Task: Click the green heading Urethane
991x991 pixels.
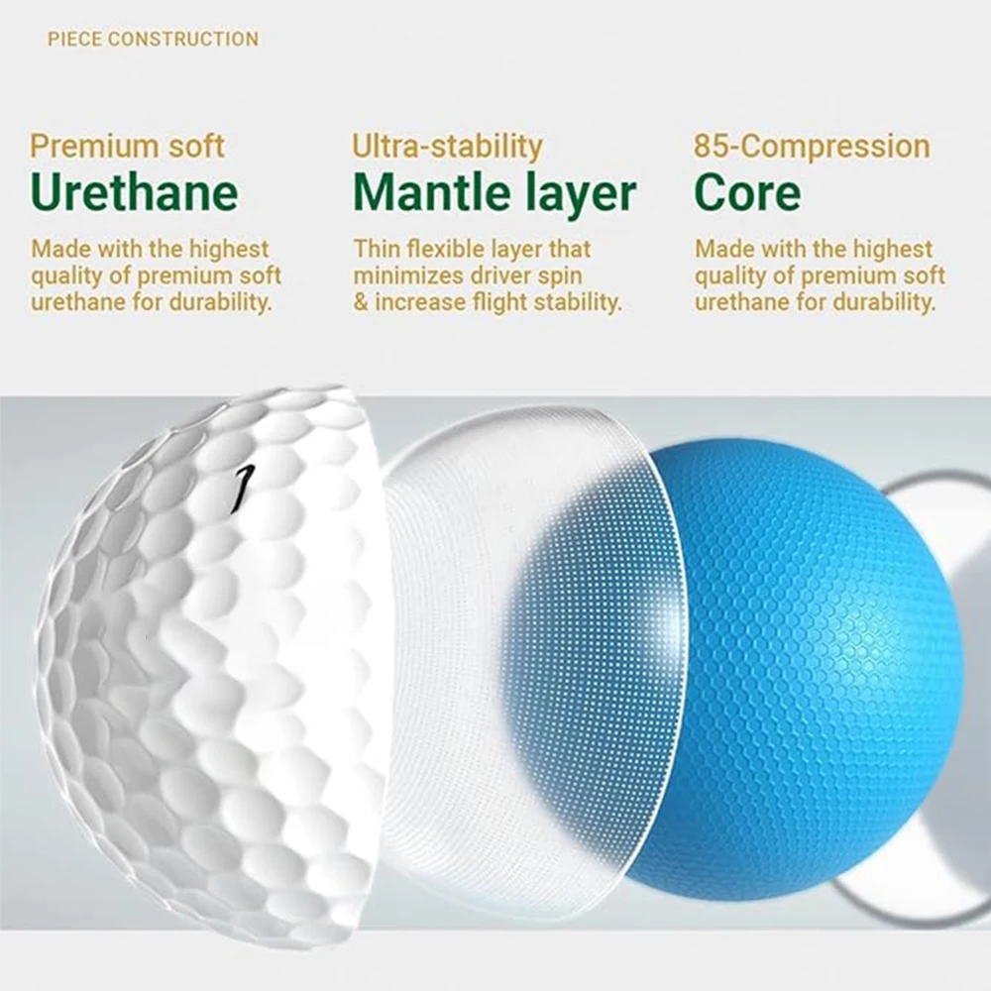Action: point(134,192)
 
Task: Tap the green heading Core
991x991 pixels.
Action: point(747,192)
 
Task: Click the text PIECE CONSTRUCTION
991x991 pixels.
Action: point(153,40)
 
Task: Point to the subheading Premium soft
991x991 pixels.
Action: point(127,147)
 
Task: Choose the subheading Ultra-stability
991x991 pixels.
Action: point(447,147)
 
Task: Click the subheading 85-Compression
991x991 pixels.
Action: point(812,147)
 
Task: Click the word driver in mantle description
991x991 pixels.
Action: point(507,275)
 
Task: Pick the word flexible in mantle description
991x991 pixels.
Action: point(450,249)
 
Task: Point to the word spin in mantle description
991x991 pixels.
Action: point(561,275)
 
